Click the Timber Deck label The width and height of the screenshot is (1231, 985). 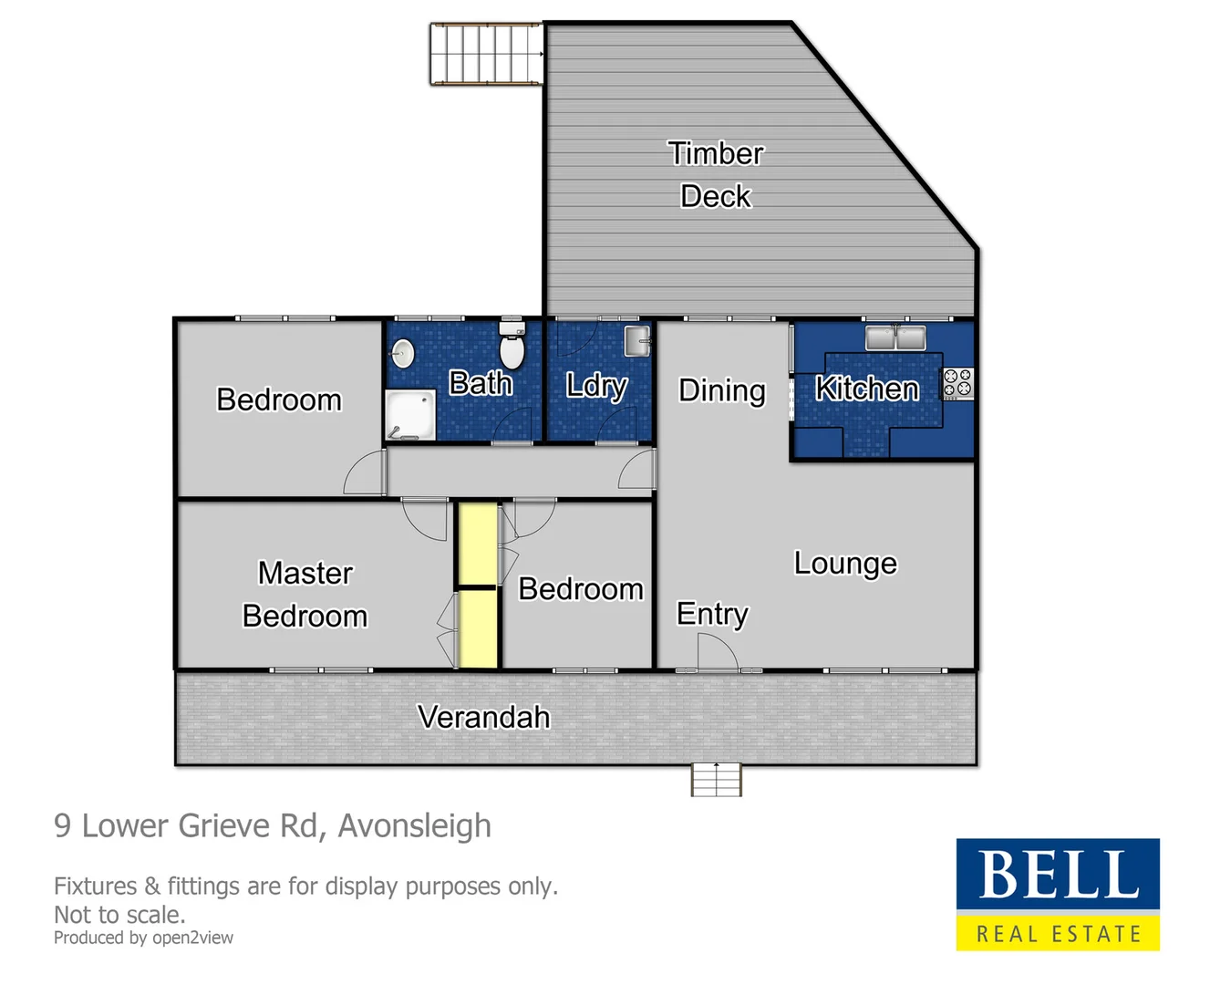pos(716,174)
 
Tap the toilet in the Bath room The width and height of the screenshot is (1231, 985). pos(512,346)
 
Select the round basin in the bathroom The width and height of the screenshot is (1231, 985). pos(403,353)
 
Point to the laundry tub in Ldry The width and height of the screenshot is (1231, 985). pos(637,340)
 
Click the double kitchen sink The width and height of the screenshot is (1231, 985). pos(895,337)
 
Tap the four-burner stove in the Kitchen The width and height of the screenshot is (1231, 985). pos(957,383)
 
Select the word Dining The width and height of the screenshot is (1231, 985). pos(721,390)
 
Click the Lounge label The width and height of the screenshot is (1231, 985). pos(845,564)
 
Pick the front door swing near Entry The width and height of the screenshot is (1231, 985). pos(717,651)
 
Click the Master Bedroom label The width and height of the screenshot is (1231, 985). pos(305,594)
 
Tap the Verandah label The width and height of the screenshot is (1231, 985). pos(483,717)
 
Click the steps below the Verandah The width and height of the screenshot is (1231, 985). pos(717,780)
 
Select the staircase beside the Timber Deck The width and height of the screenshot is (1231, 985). pos(486,55)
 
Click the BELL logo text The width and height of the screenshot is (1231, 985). pos(1058,875)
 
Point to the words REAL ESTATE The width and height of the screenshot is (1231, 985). pos(1058,934)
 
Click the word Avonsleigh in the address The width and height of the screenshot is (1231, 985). pos(414,825)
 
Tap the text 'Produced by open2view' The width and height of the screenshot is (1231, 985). pos(143,938)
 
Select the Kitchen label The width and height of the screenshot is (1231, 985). pos(866,389)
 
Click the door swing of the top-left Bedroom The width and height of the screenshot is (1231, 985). pos(366,473)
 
